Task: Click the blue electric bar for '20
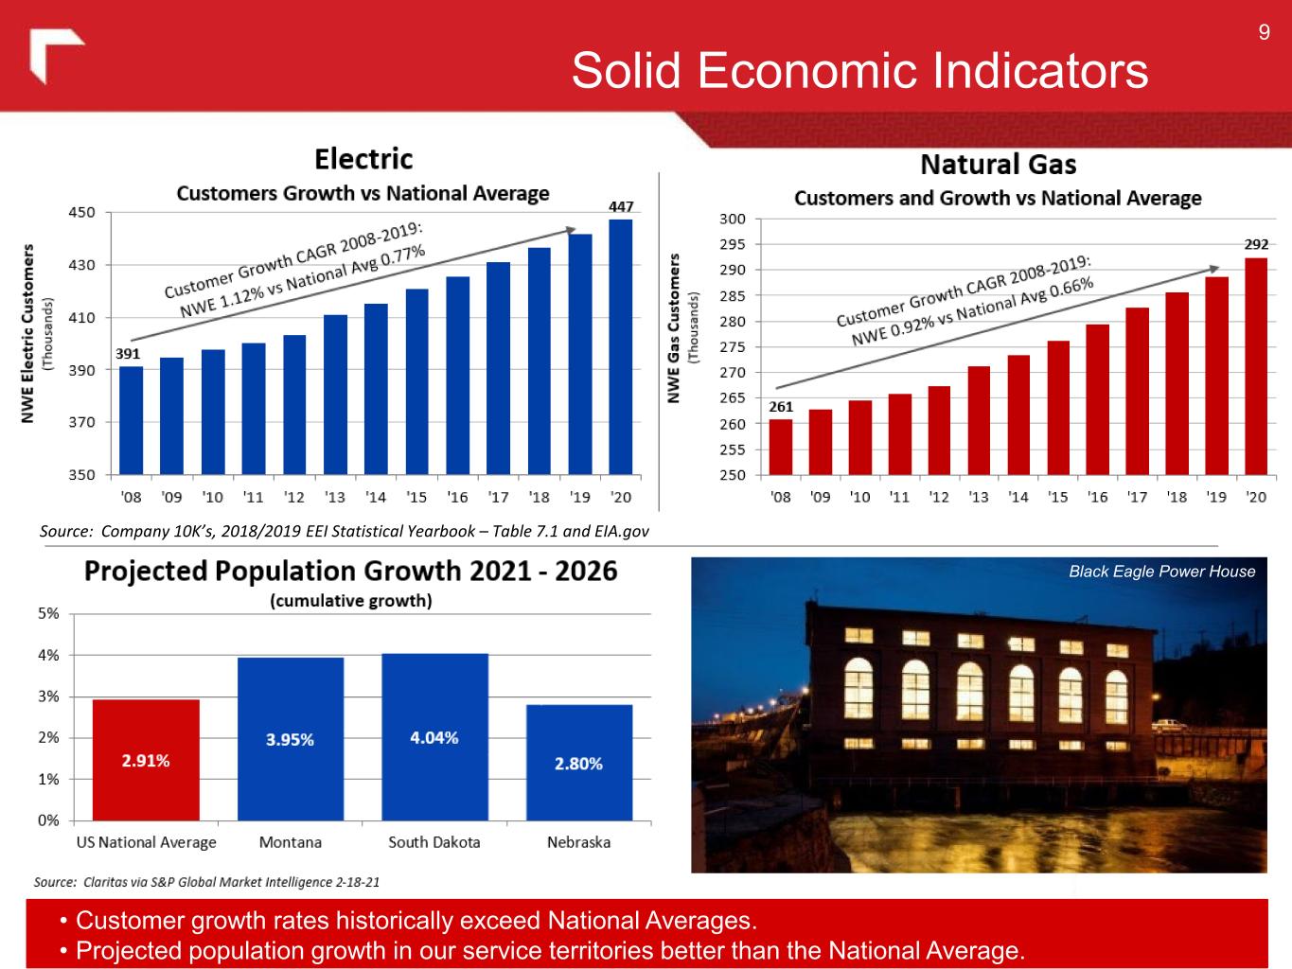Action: (621, 346)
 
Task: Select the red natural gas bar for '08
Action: (781, 447)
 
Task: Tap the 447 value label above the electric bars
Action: (621, 206)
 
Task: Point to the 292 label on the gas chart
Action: (1256, 244)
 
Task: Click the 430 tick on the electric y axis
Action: (82, 265)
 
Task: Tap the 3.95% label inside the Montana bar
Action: (290, 740)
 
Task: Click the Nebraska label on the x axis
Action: (578, 842)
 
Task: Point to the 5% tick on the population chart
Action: (48, 613)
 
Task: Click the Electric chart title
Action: (363, 158)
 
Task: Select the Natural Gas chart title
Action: (998, 166)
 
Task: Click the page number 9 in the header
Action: (1264, 34)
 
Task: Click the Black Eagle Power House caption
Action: (1161, 572)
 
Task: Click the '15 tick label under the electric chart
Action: (416, 497)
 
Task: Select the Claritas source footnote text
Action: (206, 882)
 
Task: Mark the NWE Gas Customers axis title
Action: (674, 327)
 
